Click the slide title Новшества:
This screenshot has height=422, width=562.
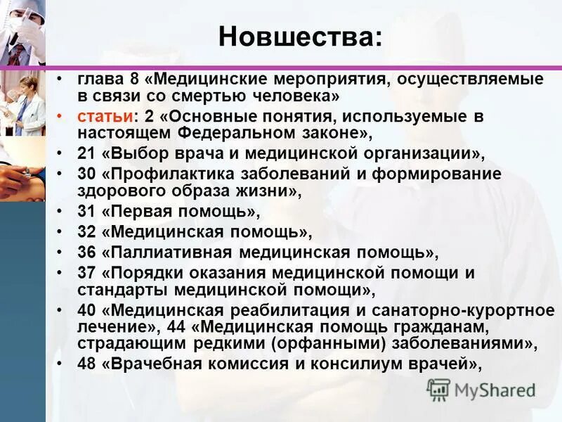click(x=301, y=36)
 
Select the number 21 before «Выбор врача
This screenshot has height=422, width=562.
click(x=85, y=154)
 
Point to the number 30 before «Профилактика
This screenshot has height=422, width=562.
click(x=85, y=174)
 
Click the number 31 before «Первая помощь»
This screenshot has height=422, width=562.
click(x=85, y=212)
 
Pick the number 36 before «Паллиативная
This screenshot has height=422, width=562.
click(x=85, y=252)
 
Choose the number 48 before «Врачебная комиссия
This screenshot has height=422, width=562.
click(x=85, y=364)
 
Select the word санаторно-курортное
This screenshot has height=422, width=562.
click(x=478, y=310)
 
